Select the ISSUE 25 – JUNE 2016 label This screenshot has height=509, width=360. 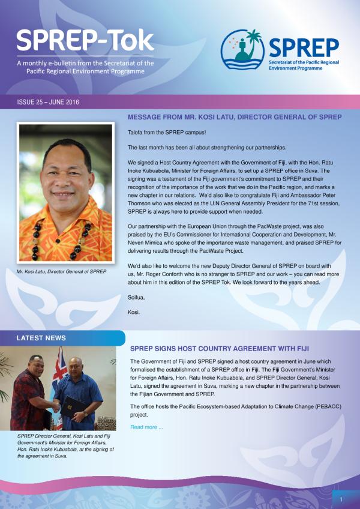coord(48,102)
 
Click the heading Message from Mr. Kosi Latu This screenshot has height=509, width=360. coord(235,116)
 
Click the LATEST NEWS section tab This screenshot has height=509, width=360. coord(41,338)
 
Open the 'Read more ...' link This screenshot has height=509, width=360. coord(147,427)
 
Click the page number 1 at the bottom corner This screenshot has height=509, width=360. coord(341,499)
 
